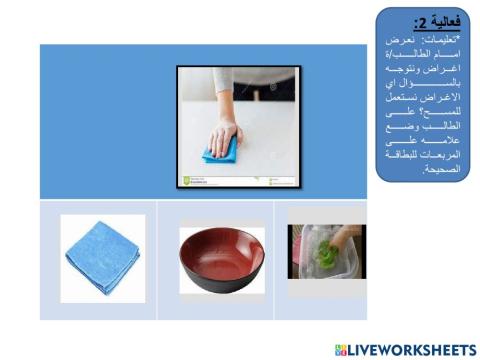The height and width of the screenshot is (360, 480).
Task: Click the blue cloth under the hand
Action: point(220,150)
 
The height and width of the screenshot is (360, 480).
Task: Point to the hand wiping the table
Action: point(227,134)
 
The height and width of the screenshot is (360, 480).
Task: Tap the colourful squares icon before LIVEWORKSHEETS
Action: point(342,348)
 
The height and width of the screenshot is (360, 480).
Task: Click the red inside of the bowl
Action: point(221,247)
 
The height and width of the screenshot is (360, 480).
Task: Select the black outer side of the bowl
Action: point(221,278)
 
